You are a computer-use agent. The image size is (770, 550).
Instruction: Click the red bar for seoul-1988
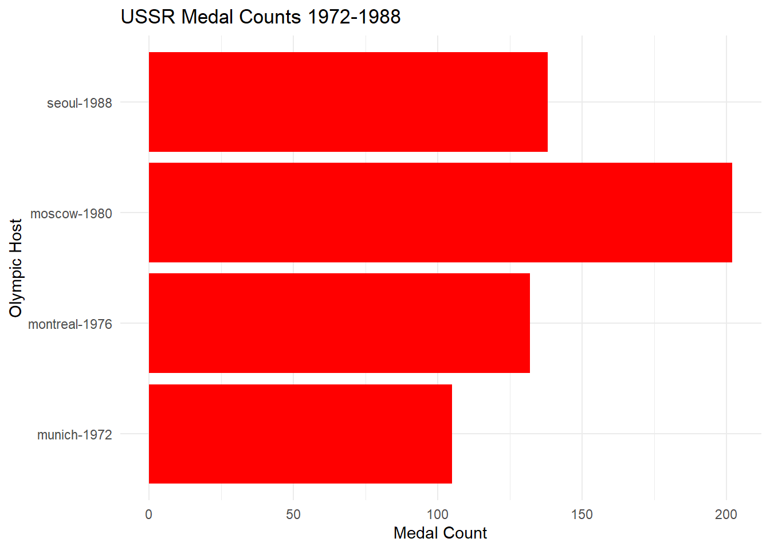pyautogui.click(x=348, y=102)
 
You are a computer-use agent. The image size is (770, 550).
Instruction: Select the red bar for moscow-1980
pyautogui.click(x=440, y=213)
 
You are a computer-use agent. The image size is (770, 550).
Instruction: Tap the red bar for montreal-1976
pyautogui.click(x=339, y=323)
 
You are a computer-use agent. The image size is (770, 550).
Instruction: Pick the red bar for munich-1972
pyautogui.click(x=300, y=434)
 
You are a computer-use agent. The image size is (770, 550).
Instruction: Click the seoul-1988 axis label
pyautogui.click(x=80, y=103)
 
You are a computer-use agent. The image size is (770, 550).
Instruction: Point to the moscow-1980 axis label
pyautogui.click(x=71, y=214)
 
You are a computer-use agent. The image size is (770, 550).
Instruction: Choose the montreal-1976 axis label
pyautogui.click(x=70, y=324)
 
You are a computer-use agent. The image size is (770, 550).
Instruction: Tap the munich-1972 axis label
pyautogui.click(x=74, y=435)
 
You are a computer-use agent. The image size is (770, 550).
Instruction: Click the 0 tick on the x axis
pyautogui.click(x=149, y=514)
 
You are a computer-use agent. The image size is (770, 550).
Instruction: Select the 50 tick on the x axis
pyautogui.click(x=293, y=514)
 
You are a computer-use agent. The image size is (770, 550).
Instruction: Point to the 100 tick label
pyautogui.click(x=438, y=514)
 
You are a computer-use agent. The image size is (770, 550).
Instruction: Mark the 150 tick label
pyautogui.click(x=582, y=514)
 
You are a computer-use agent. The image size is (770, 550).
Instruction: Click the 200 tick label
pyautogui.click(x=726, y=514)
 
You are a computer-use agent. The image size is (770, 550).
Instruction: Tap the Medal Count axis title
pyautogui.click(x=440, y=533)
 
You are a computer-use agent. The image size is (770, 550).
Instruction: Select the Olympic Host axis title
pyautogui.click(x=16, y=268)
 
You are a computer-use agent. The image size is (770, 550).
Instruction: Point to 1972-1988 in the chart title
pyautogui.click(x=354, y=17)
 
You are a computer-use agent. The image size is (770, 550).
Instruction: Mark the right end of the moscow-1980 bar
pyautogui.click(x=732, y=213)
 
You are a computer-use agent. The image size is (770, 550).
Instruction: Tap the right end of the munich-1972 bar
pyautogui.click(x=451, y=434)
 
